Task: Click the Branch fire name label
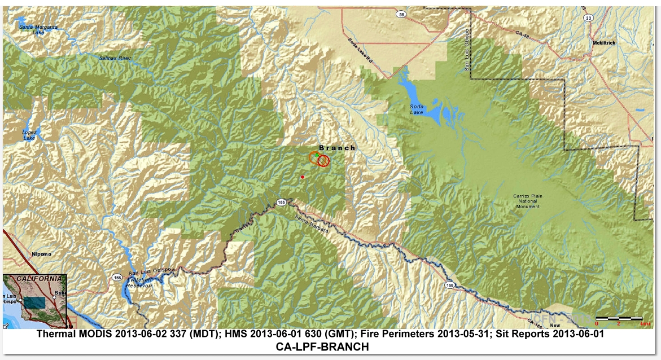tap(338, 148)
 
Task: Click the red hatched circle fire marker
tap(323, 161)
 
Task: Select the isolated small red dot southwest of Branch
tap(303, 177)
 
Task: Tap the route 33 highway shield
tap(588, 18)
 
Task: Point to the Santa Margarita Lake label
tap(38, 29)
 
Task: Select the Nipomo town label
tap(41, 254)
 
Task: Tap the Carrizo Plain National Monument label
tap(527, 200)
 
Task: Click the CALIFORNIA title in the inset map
tap(39, 279)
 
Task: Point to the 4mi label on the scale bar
tap(638, 324)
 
